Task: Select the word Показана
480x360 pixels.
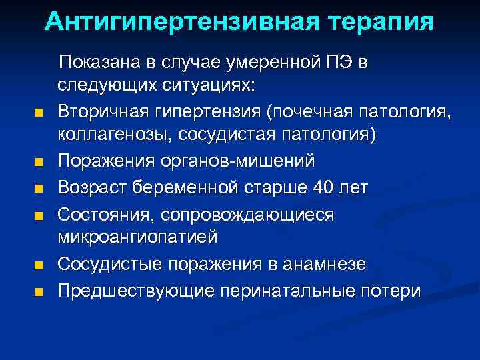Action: pyautogui.click(x=95, y=63)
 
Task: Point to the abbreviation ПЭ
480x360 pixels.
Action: pyautogui.click(x=341, y=63)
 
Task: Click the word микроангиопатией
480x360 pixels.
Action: pyautogui.click(x=143, y=237)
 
